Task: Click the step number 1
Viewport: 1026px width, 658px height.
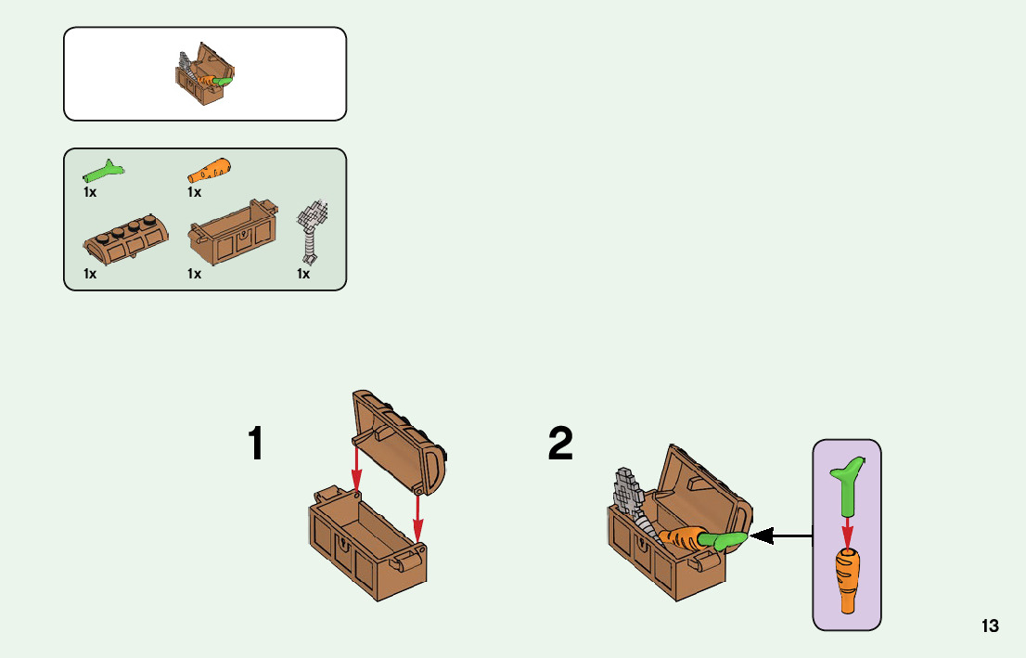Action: pyautogui.click(x=255, y=445)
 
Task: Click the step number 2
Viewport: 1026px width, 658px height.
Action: pyautogui.click(x=560, y=445)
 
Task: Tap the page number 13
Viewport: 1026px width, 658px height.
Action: pyautogui.click(x=990, y=626)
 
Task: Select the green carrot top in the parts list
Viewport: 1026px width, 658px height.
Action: pyautogui.click(x=104, y=171)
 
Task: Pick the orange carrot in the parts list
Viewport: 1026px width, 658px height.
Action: pyautogui.click(x=210, y=171)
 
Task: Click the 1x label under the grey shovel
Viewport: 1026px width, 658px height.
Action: pyautogui.click(x=303, y=275)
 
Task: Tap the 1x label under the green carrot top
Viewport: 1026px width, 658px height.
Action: pyautogui.click(x=90, y=193)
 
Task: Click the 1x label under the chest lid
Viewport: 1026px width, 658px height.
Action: pyautogui.click(x=90, y=275)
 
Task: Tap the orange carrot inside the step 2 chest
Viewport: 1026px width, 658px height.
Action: pyautogui.click(x=685, y=539)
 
